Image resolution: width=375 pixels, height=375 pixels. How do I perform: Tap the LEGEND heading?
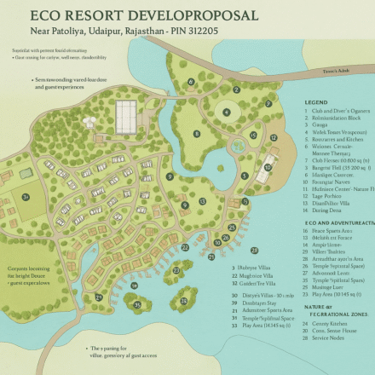click(316, 102)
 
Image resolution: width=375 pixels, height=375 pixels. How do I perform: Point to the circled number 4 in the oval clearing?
click(227, 112)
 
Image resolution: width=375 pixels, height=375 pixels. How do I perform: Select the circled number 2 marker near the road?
click(236, 89)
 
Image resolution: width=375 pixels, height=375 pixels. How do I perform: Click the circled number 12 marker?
click(273, 136)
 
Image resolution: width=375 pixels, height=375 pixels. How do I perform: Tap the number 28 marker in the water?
click(254, 250)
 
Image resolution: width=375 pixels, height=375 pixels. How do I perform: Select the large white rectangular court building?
click(125, 112)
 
